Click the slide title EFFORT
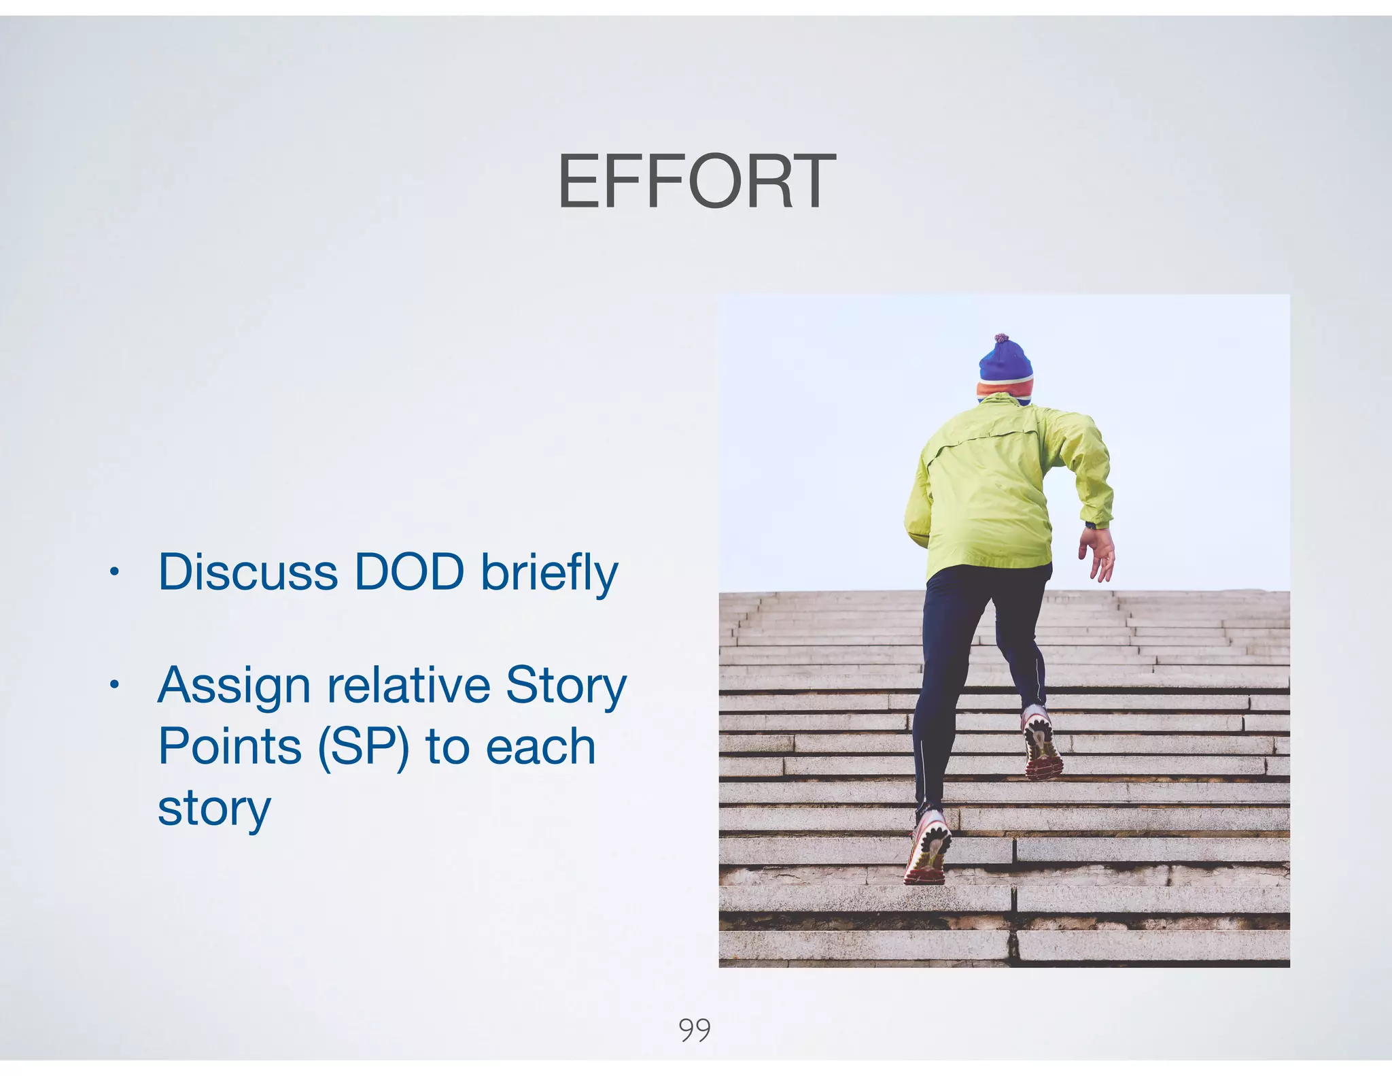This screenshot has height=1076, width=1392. (x=696, y=182)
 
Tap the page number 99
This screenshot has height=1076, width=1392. (x=694, y=1030)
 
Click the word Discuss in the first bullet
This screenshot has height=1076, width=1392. (x=247, y=572)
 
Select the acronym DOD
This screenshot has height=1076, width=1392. (x=409, y=572)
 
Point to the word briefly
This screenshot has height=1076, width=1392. (x=549, y=573)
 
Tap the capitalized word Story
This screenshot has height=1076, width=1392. (x=565, y=686)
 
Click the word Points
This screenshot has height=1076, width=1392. (x=230, y=746)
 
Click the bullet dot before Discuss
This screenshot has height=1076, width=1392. (x=114, y=572)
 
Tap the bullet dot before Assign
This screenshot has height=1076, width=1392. (x=114, y=684)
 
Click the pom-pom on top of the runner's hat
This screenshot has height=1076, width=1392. (x=1001, y=338)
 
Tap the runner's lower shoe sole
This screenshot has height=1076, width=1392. (x=927, y=847)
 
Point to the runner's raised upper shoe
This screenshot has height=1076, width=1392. (x=1041, y=743)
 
